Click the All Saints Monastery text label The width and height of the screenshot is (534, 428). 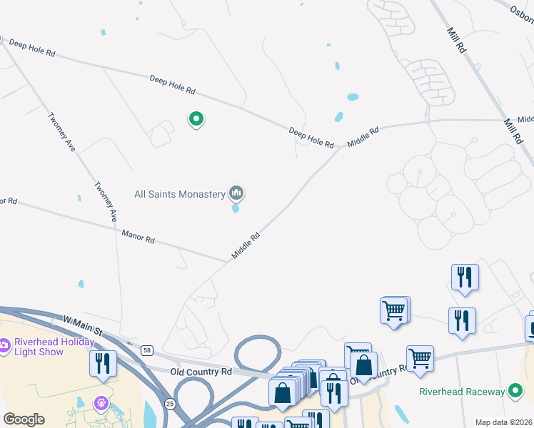pyautogui.click(x=180, y=194)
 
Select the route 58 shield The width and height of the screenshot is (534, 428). pyautogui.click(x=146, y=350)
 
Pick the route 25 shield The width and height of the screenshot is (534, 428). pyautogui.click(x=170, y=404)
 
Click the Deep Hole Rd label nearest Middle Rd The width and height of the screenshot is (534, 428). pyautogui.click(x=311, y=138)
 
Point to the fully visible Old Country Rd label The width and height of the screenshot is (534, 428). pyautogui.click(x=201, y=372)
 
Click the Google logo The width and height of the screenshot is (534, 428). pyautogui.click(x=24, y=419)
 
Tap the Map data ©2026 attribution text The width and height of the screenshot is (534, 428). pyautogui.click(x=504, y=422)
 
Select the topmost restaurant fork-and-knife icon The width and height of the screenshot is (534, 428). pyautogui.click(x=465, y=277)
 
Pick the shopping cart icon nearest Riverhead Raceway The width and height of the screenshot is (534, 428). pyautogui.click(x=420, y=358)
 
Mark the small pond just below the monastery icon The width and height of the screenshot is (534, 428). pyautogui.click(x=236, y=209)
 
